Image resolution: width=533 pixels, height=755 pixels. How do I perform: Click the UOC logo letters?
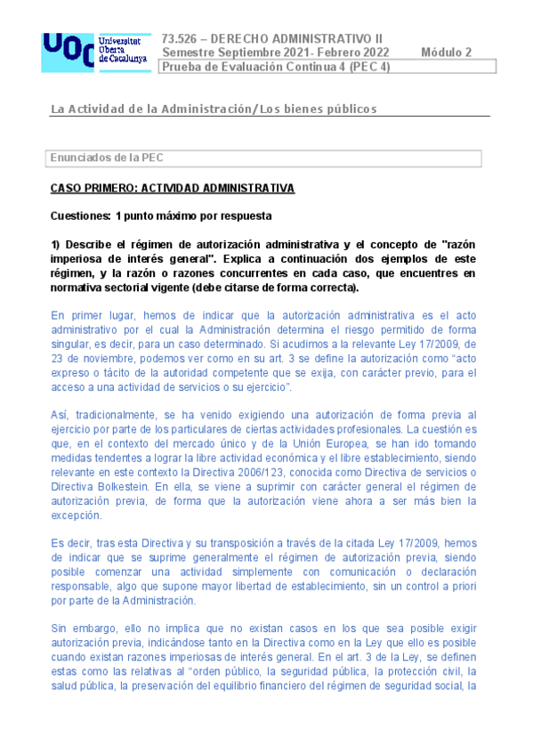pyautogui.click(x=68, y=51)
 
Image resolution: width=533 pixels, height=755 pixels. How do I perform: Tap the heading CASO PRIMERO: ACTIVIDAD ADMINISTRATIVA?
pyautogui.click(x=172, y=189)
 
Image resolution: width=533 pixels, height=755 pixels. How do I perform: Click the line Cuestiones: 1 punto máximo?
pyautogui.click(x=161, y=215)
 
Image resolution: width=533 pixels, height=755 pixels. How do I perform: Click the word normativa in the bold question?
pyautogui.click(x=77, y=287)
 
